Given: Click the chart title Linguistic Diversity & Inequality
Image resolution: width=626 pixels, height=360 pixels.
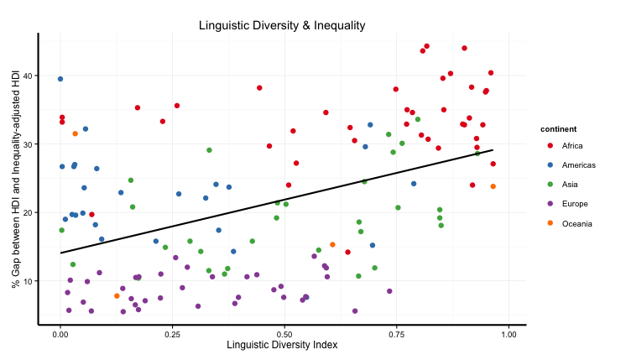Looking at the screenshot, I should [x=282, y=25].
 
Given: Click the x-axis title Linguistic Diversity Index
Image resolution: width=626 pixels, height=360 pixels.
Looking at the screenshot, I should [x=282, y=345].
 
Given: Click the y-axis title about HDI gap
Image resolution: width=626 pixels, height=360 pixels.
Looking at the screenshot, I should [x=16, y=178].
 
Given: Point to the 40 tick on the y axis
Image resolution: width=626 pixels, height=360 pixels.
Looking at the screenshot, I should [x=29, y=76].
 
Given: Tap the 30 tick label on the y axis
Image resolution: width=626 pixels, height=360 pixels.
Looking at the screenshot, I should [x=29, y=144].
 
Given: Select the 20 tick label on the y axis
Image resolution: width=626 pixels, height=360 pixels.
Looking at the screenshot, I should [x=29, y=212].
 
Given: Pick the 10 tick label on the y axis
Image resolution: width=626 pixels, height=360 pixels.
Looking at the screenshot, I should [x=29, y=281].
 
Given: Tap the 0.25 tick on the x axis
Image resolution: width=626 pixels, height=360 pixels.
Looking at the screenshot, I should [x=172, y=333].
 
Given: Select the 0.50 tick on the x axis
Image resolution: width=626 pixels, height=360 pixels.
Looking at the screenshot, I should [x=284, y=333].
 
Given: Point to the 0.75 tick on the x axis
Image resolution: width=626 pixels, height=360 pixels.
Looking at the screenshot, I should [x=396, y=333].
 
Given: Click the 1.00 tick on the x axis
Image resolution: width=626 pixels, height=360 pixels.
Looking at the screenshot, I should [x=509, y=333].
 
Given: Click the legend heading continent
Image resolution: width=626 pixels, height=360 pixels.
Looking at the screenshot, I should [x=558, y=129].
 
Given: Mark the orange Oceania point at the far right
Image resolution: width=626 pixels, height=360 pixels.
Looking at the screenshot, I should [x=493, y=186].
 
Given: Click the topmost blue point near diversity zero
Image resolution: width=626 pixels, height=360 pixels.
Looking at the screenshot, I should [x=60, y=79].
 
